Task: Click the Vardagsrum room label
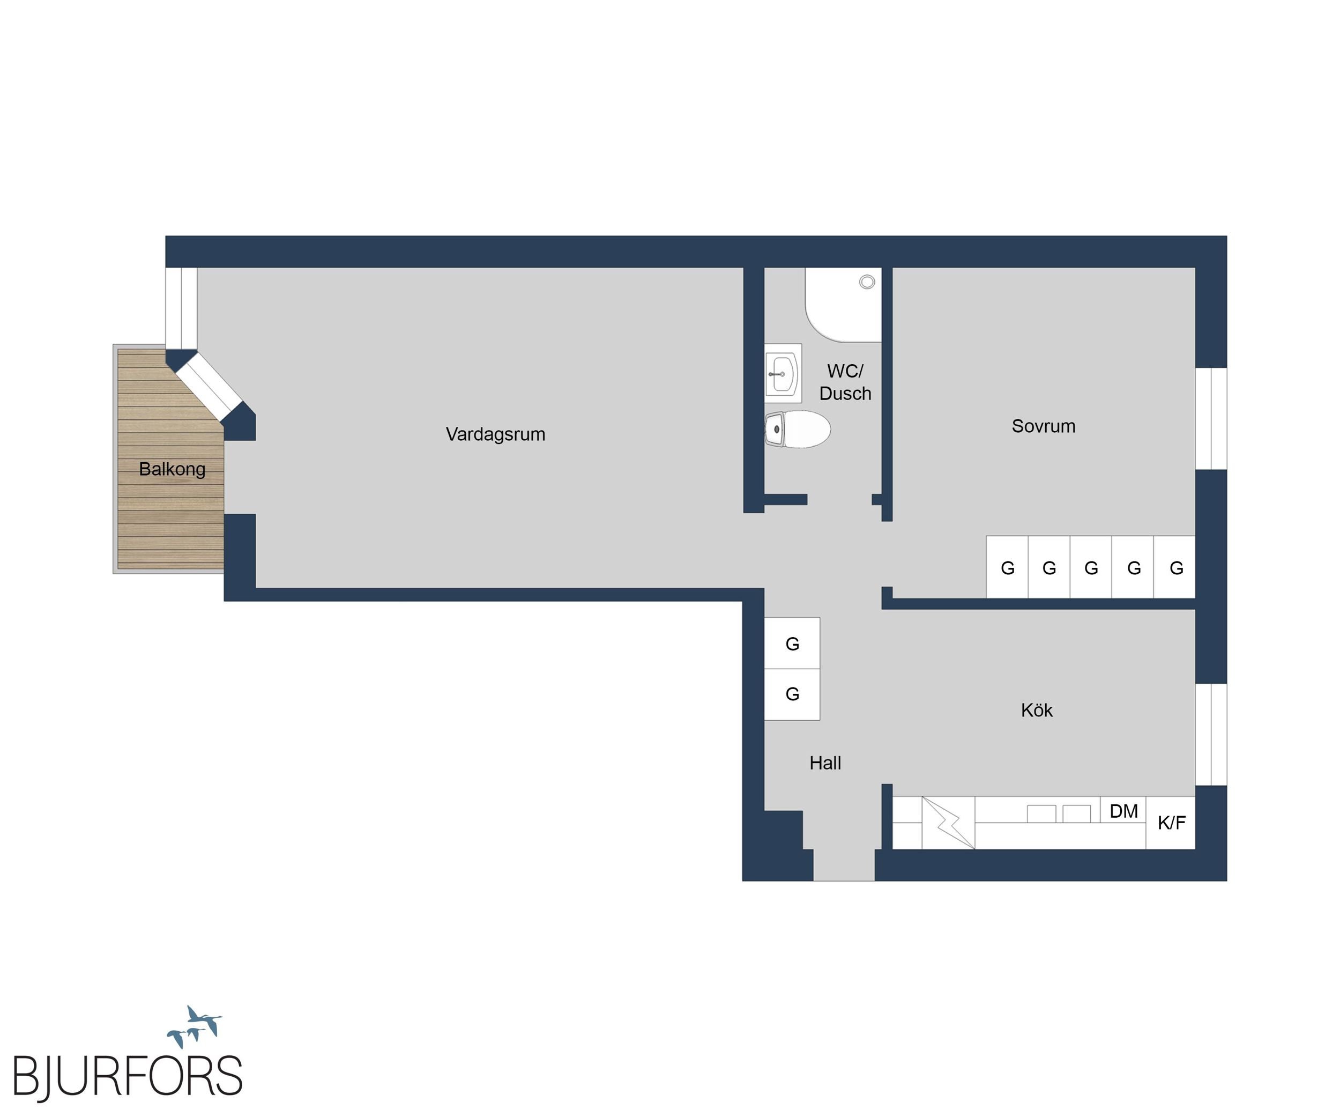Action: pos(495,435)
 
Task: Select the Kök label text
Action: pos(1037,710)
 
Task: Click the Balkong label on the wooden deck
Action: pos(172,470)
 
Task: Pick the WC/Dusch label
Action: pos(845,382)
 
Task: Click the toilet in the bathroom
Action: pos(798,429)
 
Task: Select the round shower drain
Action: pos(867,282)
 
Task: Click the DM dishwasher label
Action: pos(1123,811)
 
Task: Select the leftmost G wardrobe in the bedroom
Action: pos(1007,567)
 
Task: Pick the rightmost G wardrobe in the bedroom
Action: pos(1175,567)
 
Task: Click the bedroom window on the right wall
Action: pos(1211,419)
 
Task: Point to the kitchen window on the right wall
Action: pos(1211,735)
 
